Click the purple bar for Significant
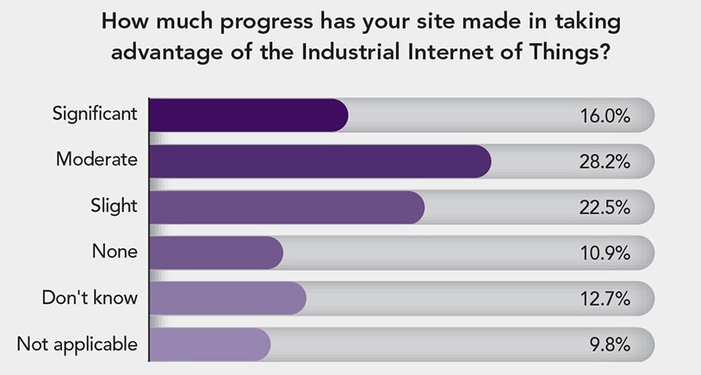pos(248,116)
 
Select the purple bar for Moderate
pos(319,161)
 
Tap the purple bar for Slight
pos(286,207)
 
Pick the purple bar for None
pos(215,253)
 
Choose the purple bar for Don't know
pos(227,298)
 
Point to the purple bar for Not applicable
pos(209,344)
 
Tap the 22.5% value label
pos(605,208)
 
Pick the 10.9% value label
pos(605,253)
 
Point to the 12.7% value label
pos(605,299)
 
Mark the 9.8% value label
pos(610,345)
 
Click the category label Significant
pos(94,114)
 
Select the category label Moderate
pos(96,159)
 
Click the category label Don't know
pos(90,297)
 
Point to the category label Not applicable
pos(77,344)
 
